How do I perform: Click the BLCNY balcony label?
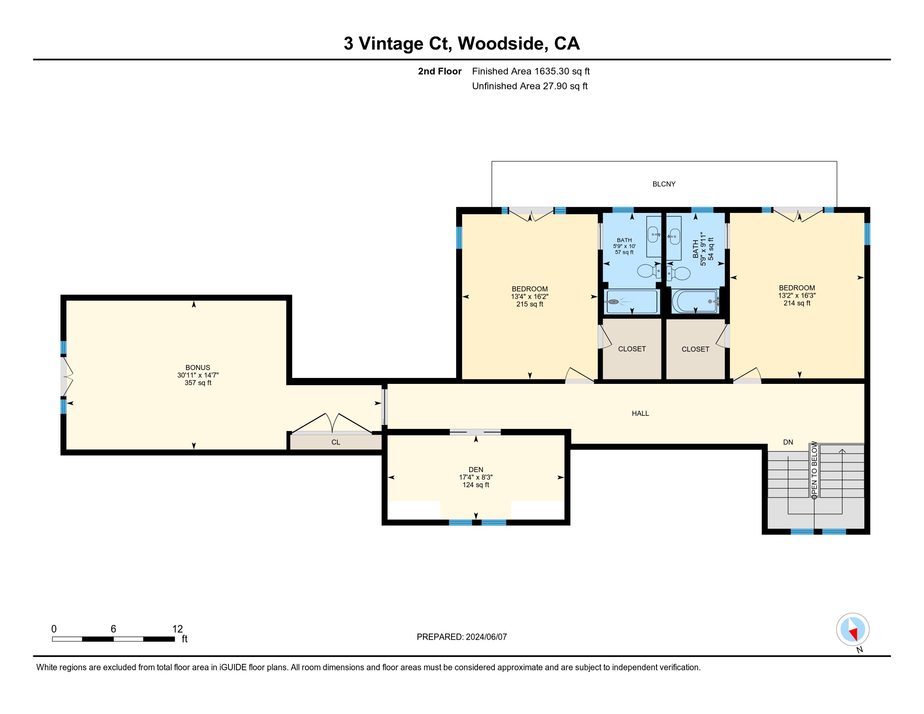coord(664,184)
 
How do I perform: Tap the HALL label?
coord(640,413)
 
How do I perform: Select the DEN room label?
coord(475,470)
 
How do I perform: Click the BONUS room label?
coord(197,367)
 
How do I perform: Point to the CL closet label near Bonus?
coord(336,442)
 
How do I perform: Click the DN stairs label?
coord(788,442)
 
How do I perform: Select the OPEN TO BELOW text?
coord(814,469)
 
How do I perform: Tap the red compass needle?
coord(854,634)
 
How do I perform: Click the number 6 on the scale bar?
coord(113,629)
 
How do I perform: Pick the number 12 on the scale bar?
coord(178,629)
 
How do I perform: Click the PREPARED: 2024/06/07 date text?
coord(462,637)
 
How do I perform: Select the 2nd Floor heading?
coord(440,71)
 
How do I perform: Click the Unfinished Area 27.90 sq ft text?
coord(530,86)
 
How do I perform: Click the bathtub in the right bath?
coord(695,301)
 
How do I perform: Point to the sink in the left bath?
coord(654,234)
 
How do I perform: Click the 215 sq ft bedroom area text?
coord(530,304)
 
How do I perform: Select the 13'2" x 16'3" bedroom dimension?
coord(797,295)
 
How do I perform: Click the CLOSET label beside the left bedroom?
coord(632,349)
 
